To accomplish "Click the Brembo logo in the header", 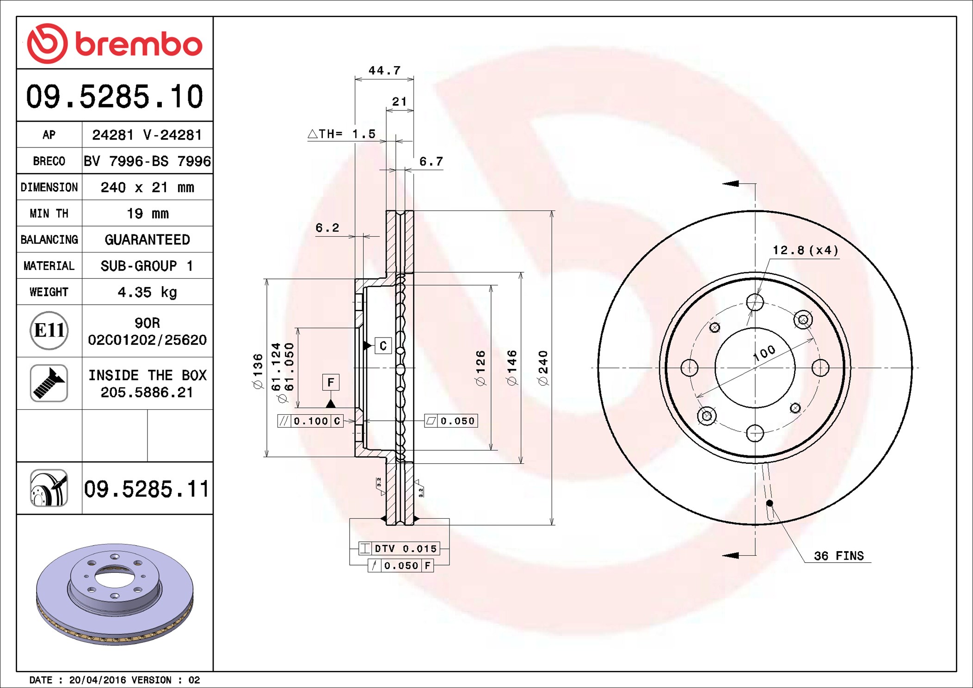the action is click(115, 43).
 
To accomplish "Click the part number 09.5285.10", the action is click(115, 97).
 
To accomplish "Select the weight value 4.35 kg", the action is click(148, 292).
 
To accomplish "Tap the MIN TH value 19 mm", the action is click(148, 214).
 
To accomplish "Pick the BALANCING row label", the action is click(49, 240).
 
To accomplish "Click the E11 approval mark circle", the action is click(49, 330).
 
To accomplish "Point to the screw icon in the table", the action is click(49, 383).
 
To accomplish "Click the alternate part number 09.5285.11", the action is click(147, 489).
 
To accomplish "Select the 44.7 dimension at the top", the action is click(384, 70).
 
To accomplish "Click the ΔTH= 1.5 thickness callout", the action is click(341, 134).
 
